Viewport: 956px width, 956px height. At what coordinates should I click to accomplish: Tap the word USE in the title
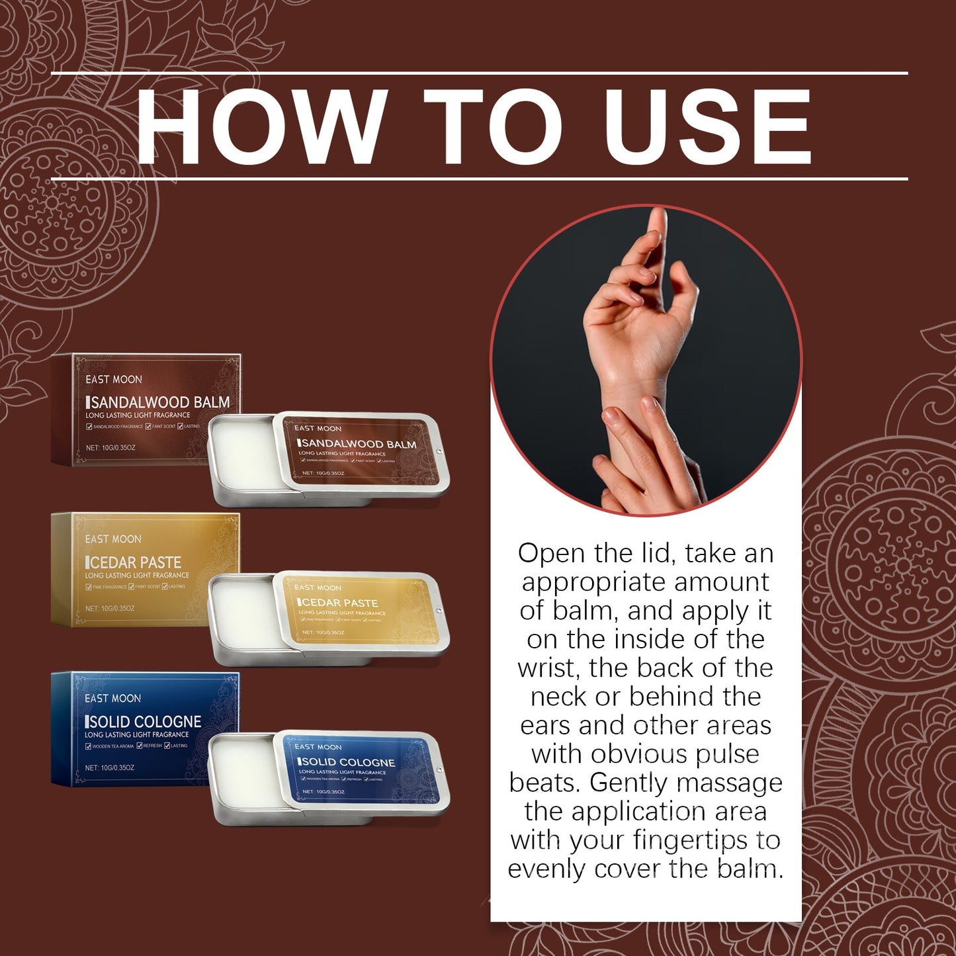pos(707,126)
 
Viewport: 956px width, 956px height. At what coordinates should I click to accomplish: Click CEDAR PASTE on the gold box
pos(135,562)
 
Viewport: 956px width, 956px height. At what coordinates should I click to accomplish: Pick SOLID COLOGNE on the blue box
pos(145,722)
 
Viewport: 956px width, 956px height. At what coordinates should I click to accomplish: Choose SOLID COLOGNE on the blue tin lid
pos(348,762)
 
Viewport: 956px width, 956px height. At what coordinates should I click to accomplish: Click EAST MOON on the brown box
pos(114,379)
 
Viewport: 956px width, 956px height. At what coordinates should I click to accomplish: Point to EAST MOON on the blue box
pos(112,698)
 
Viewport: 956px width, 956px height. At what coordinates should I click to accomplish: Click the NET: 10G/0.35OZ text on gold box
pos(110,608)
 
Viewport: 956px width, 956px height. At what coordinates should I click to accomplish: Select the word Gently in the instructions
pos(629,783)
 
